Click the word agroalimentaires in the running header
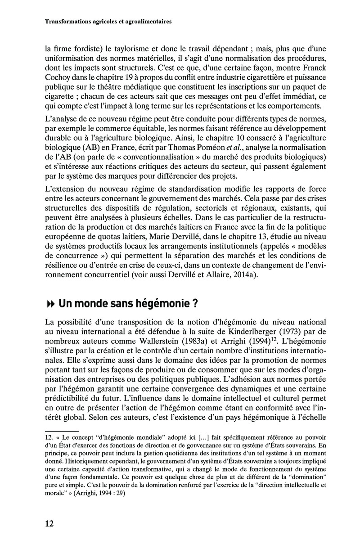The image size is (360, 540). tap(142, 21)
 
